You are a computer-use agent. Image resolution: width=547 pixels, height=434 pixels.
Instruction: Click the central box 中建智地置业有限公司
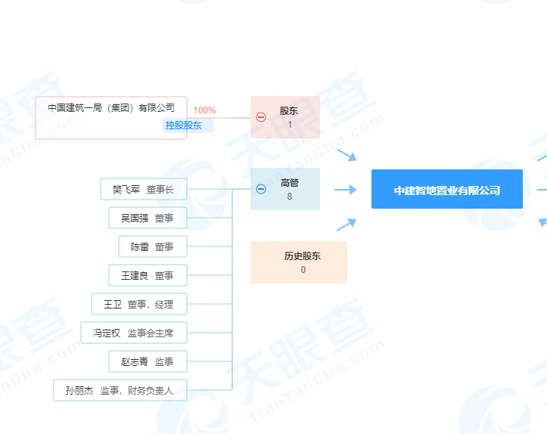(447, 189)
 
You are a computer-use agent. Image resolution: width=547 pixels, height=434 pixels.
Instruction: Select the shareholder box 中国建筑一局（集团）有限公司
(111, 118)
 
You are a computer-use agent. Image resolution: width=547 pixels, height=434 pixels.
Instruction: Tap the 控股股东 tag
(188, 126)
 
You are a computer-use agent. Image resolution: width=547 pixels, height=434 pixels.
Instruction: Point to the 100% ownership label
(204, 110)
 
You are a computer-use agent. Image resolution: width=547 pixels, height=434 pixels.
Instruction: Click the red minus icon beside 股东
(261, 117)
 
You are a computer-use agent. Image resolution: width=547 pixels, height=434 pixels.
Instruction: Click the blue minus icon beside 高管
(261, 189)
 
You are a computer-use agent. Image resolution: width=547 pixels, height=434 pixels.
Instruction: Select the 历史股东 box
(299, 262)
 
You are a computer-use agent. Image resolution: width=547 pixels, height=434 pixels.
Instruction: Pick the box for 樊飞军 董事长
(144, 189)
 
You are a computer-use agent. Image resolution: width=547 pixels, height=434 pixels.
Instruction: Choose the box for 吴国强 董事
(148, 218)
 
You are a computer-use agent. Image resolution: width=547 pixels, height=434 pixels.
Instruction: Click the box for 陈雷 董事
(153, 246)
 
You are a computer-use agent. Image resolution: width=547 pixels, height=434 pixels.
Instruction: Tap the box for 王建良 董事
(148, 275)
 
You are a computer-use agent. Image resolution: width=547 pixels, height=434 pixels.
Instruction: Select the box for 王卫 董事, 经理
(139, 304)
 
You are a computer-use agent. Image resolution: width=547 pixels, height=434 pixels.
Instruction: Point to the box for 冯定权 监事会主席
(134, 333)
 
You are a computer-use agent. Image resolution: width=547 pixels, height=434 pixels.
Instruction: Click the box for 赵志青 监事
(148, 361)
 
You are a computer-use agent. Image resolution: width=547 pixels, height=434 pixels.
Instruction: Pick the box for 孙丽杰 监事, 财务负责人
(120, 390)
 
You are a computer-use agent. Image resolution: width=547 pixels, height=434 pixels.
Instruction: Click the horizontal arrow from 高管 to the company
(345, 190)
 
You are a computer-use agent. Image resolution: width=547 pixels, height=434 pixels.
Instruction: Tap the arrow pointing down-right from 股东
(347, 155)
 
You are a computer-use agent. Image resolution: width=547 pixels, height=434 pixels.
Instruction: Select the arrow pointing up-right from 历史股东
(347, 225)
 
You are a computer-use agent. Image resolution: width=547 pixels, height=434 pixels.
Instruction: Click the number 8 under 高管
(290, 197)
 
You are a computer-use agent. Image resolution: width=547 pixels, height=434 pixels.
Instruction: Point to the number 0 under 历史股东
(303, 269)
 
